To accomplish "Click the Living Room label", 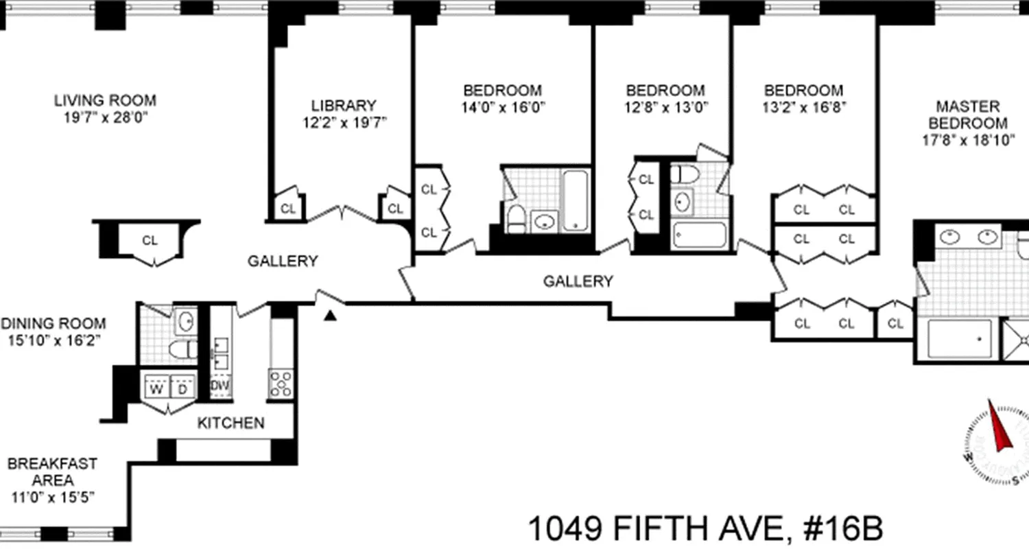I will (x=105, y=101).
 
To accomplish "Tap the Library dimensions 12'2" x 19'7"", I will (x=344, y=123).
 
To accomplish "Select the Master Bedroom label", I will (x=968, y=115).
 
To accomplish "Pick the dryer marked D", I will (x=182, y=388).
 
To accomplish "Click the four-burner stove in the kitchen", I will (x=281, y=384).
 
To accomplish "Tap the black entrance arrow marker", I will (x=331, y=316).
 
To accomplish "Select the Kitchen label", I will (x=230, y=423).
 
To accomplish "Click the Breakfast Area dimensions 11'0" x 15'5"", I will (x=52, y=497).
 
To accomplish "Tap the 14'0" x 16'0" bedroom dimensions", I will (x=503, y=107).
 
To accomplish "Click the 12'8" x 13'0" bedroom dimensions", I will (x=665, y=107).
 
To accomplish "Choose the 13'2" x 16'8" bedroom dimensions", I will (x=804, y=107).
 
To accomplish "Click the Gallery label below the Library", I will (x=283, y=261).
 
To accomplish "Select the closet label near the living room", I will (x=150, y=241).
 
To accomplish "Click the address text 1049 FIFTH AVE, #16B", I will (x=705, y=530).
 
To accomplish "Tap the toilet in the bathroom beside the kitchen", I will (x=180, y=349).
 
